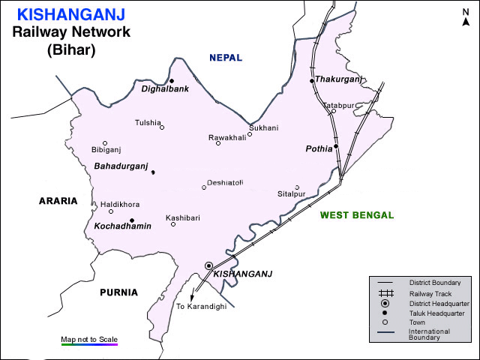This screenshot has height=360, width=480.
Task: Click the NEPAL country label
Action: (231, 58)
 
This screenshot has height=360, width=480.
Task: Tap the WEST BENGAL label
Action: (356, 215)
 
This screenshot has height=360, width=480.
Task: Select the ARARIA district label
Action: (58, 201)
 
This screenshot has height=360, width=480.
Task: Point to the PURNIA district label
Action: (118, 292)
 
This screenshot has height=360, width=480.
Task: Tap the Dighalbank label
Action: (165, 88)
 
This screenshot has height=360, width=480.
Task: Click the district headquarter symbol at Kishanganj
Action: (209, 265)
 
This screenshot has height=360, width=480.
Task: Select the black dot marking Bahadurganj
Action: (153, 172)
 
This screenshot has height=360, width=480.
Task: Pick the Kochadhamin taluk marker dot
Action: (132, 220)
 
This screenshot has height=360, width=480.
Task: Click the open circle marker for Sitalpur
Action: (297, 187)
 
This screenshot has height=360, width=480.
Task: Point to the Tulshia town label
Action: (148, 122)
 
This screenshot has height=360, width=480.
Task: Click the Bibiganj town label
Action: (106, 150)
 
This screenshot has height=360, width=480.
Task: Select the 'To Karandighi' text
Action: (200, 307)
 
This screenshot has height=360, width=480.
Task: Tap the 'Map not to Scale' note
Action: (89, 340)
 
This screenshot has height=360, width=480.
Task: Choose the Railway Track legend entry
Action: (424, 293)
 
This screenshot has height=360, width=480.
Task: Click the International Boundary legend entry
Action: (429, 334)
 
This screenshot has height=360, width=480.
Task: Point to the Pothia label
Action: (319, 149)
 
